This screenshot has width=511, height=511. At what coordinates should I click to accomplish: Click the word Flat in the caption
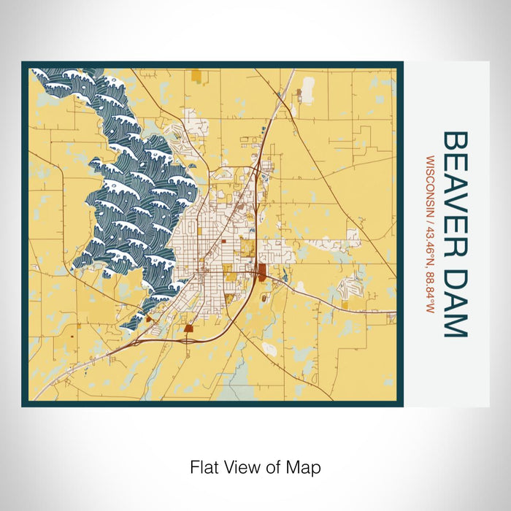click(x=204, y=466)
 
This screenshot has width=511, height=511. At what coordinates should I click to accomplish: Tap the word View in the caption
click(x=242, y=466)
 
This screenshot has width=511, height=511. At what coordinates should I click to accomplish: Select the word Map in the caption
click(x=304, y=466)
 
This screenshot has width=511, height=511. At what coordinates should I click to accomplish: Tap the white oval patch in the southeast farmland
click(x=269, y=349)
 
